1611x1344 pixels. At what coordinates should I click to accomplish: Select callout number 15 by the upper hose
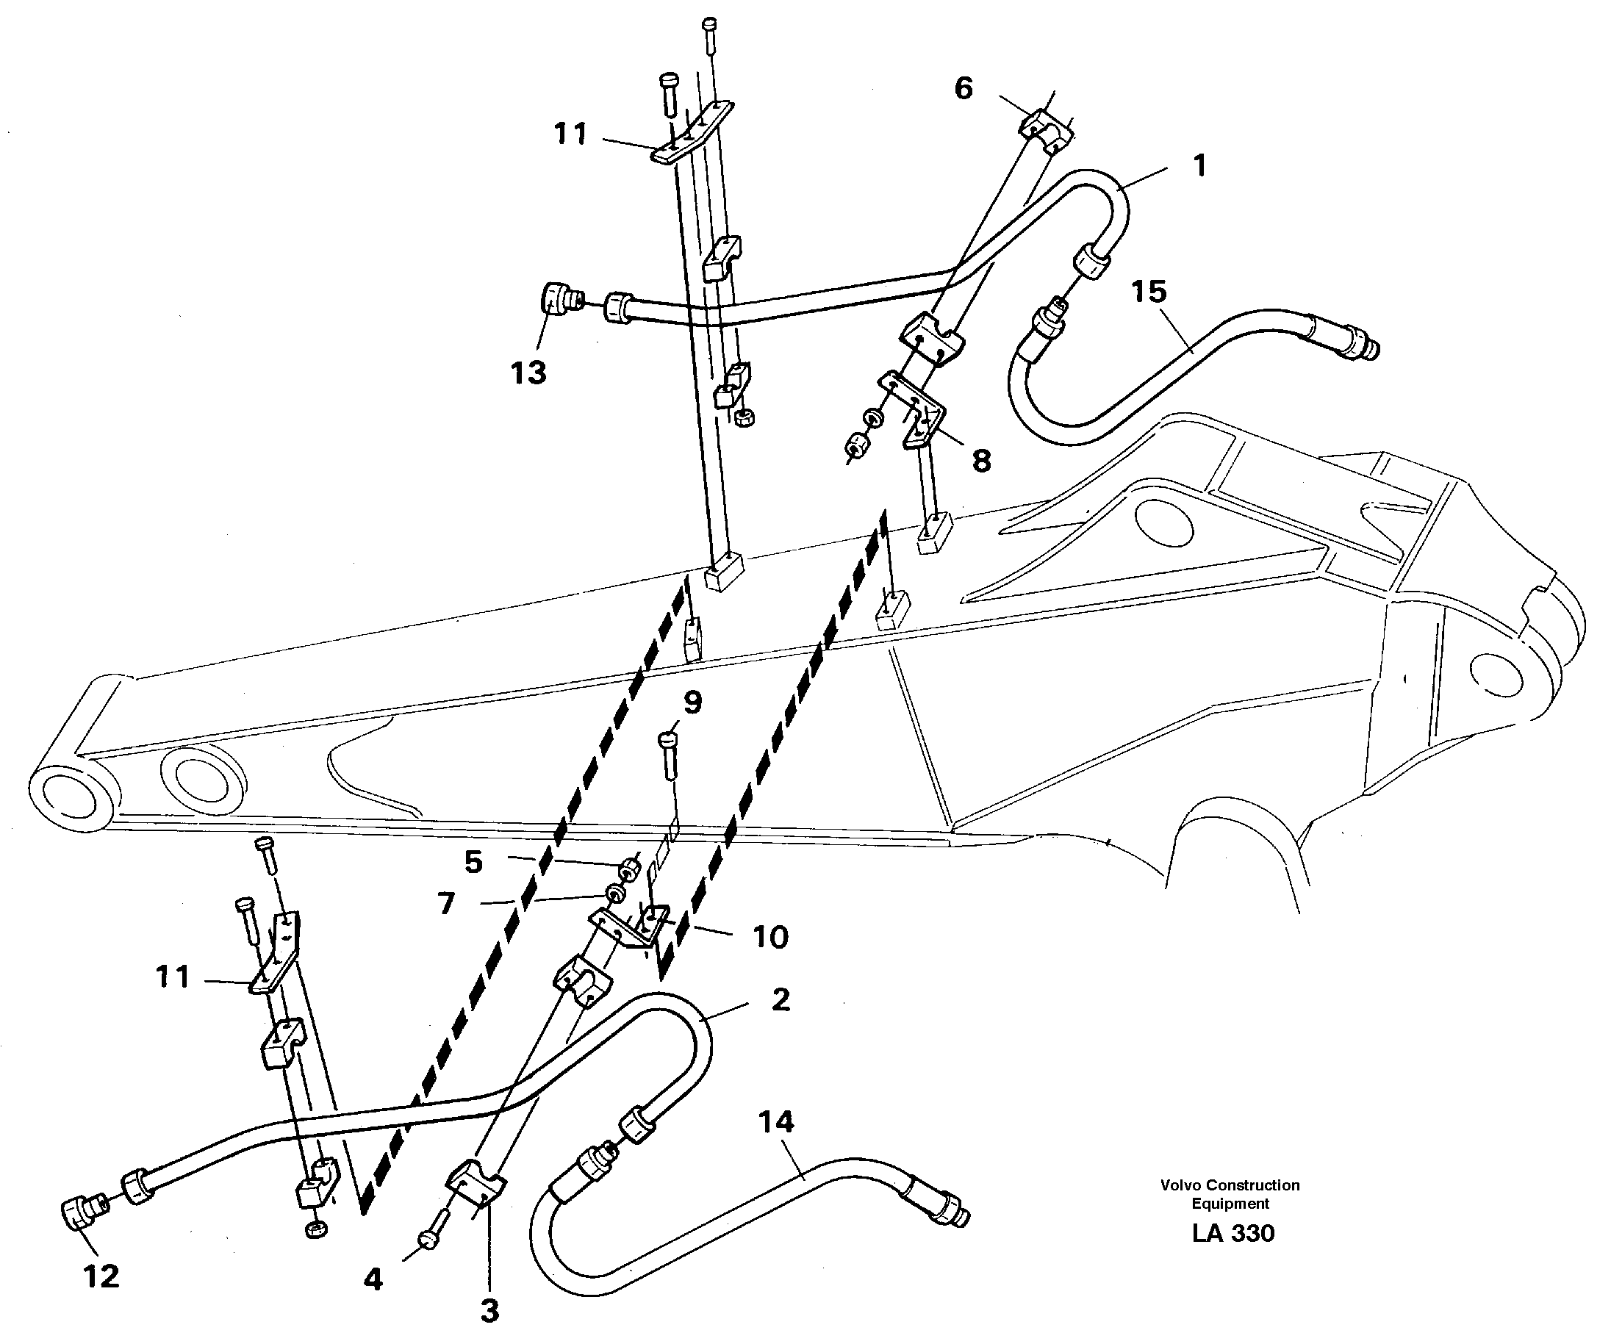pyautogui.click(x=1149, y=292)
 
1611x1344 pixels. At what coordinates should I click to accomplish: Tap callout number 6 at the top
pyautogui.click(x=964, y=88)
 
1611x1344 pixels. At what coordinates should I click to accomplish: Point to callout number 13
pyautogui.click(x=528, y=373)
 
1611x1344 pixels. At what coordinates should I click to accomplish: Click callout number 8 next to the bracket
pyautogui.click(x=981, y=460)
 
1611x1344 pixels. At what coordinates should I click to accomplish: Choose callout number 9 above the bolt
pyautogui.click(x=692, y=702)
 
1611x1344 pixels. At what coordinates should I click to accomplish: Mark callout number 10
pyautogui.click(x=770, y=937)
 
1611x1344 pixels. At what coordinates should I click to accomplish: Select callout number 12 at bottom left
pyautogui.click(x=101, y=1276)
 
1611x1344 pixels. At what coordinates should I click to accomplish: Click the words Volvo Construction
pyautogui.click(x=1230, y=1185)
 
